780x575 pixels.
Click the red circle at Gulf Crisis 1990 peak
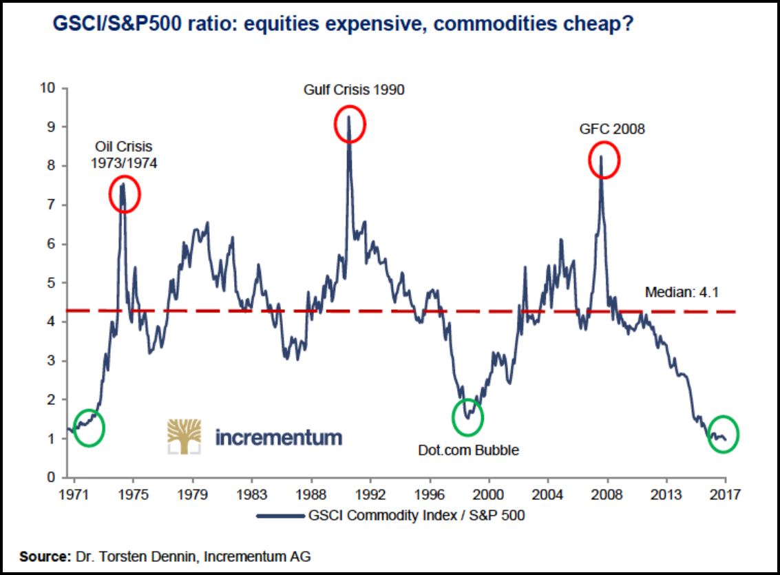click(x=350, y=124)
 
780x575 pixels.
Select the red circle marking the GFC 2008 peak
click(x=604, y=160)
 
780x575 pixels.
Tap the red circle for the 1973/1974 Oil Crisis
click(x=125, y=194)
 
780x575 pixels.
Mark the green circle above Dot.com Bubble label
click(x=468, y=417)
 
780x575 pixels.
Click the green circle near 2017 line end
click(x=723, y=434)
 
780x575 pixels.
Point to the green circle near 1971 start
click(x=89, y=427)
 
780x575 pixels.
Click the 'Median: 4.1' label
click(x=682, y=293)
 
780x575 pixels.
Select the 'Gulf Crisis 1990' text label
click(x=355, y=90)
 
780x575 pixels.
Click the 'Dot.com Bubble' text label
click(x=468, y=450)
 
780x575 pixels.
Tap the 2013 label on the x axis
click(x=666, y=494)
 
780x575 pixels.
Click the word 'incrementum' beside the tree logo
click(x=278, y=437)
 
